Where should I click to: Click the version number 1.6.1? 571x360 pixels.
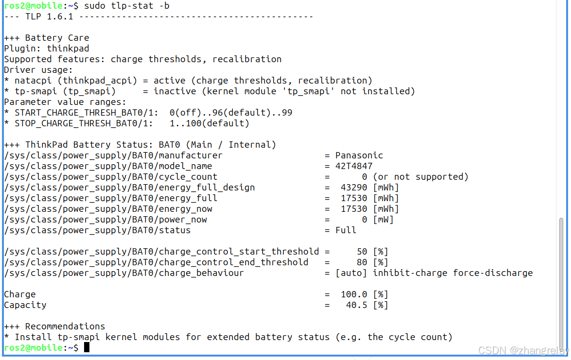pyautogui.click(x=60, y=17)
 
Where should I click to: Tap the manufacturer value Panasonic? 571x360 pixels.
pyautogui.click(x=359, y=155)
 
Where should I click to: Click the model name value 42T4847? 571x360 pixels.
pyautogui.click(x=354, y=166)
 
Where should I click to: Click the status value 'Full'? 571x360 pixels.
pyautogui.click(x=346, y=230)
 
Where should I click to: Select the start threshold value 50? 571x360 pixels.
pyautogui.click(x=362, y=252)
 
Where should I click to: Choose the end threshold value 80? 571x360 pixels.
pyautogui.click(x=362, y=262)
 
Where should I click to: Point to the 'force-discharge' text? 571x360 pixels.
pyautogui.click(x=493, y=273)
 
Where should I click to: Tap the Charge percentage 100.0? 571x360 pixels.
pyautogui.click(x=354, y=294)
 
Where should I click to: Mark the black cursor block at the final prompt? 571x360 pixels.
pyautogui.click(x=87, y=347)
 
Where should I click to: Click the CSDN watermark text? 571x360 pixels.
pyautogui.click(x=522, y=350)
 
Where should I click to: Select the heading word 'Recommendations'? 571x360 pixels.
pyautogui.click(x=65, y=326)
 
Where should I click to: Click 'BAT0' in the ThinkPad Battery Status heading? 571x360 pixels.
pyautogui.click(x=169, y=145)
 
